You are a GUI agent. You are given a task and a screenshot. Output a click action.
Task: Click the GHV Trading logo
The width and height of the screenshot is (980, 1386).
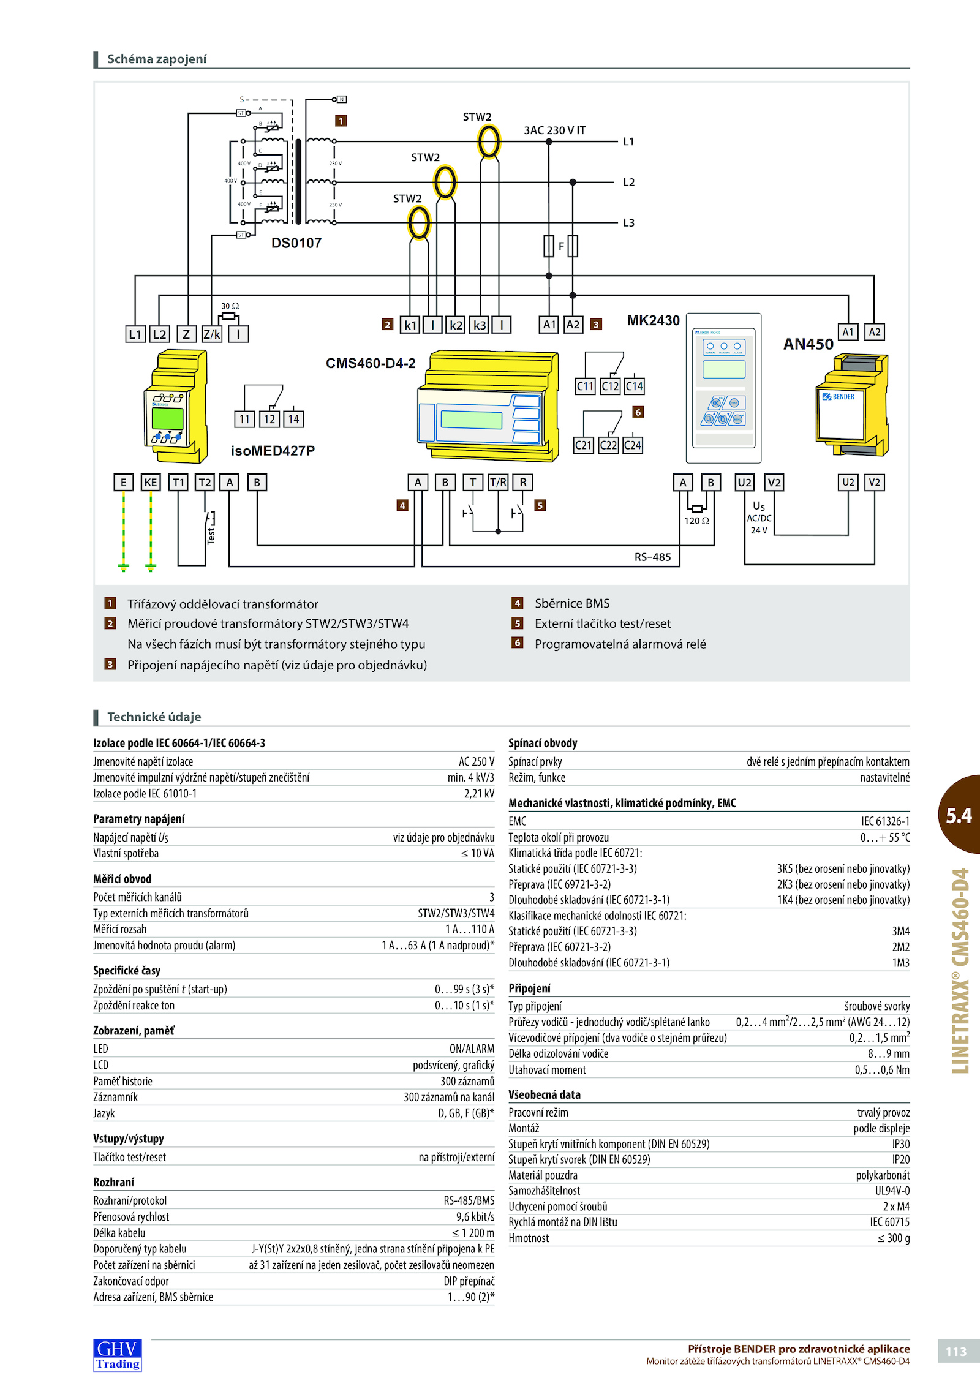point(118,1354)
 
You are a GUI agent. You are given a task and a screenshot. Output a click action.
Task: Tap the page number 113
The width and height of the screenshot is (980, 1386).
point(956,1352)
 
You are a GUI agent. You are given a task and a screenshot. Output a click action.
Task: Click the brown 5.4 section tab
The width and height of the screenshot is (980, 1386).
point(959,815)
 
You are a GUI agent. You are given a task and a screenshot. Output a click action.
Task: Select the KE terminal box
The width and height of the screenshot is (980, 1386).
point(151,482)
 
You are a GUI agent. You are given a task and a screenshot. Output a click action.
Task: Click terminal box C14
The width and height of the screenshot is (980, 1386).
point(634,386)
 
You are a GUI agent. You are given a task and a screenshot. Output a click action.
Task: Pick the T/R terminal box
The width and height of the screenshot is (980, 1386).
point(498,482)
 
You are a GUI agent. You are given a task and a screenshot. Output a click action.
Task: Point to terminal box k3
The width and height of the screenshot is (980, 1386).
point(479,325)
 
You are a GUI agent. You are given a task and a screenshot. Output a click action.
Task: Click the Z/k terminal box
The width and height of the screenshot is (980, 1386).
point(211,334)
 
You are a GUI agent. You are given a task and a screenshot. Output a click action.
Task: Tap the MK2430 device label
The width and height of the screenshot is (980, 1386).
point(653,320)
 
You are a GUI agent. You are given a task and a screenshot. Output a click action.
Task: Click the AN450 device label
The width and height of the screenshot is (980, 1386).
point(809,344)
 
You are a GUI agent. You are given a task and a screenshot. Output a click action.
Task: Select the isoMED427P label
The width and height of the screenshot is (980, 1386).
point(273,451)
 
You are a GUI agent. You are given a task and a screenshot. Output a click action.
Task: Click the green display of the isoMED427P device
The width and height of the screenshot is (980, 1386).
point(167,418)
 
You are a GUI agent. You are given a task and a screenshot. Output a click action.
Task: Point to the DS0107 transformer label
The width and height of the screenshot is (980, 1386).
point(296,243)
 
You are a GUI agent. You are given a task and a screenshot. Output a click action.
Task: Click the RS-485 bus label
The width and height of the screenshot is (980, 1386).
point(652,557)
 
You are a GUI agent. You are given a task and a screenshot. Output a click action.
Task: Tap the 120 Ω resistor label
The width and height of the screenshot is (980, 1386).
point(696,521)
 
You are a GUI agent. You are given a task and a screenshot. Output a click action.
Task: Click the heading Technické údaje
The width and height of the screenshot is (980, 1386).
point(154,717)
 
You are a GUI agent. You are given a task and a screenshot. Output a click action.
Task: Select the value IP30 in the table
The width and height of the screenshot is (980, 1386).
point(901,1143)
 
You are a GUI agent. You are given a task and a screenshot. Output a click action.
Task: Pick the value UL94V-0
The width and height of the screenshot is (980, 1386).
point(892,1191)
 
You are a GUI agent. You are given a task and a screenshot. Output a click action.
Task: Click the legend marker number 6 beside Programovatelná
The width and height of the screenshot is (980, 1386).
point(518,642)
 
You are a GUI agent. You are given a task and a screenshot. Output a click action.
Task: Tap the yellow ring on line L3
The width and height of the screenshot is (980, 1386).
point(420,223)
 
